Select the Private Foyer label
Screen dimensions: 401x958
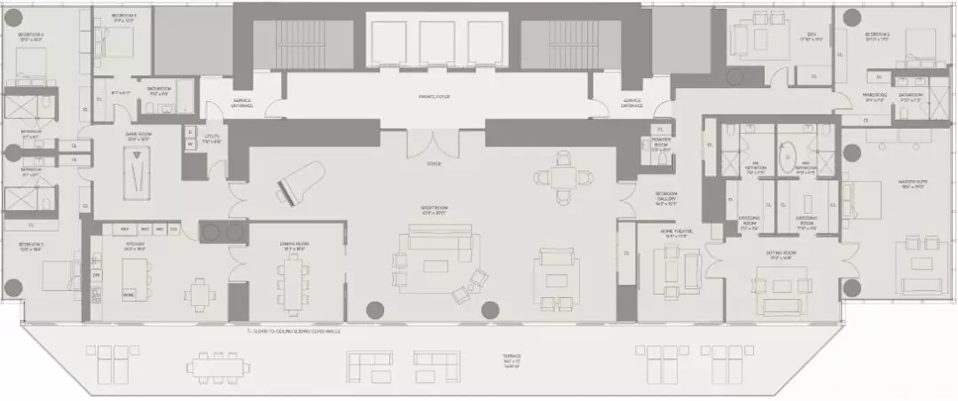[436, 97]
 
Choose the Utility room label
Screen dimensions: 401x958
[211, 140]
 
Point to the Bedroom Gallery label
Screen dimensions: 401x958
[666, 198]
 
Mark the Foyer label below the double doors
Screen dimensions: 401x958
[434, 164]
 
